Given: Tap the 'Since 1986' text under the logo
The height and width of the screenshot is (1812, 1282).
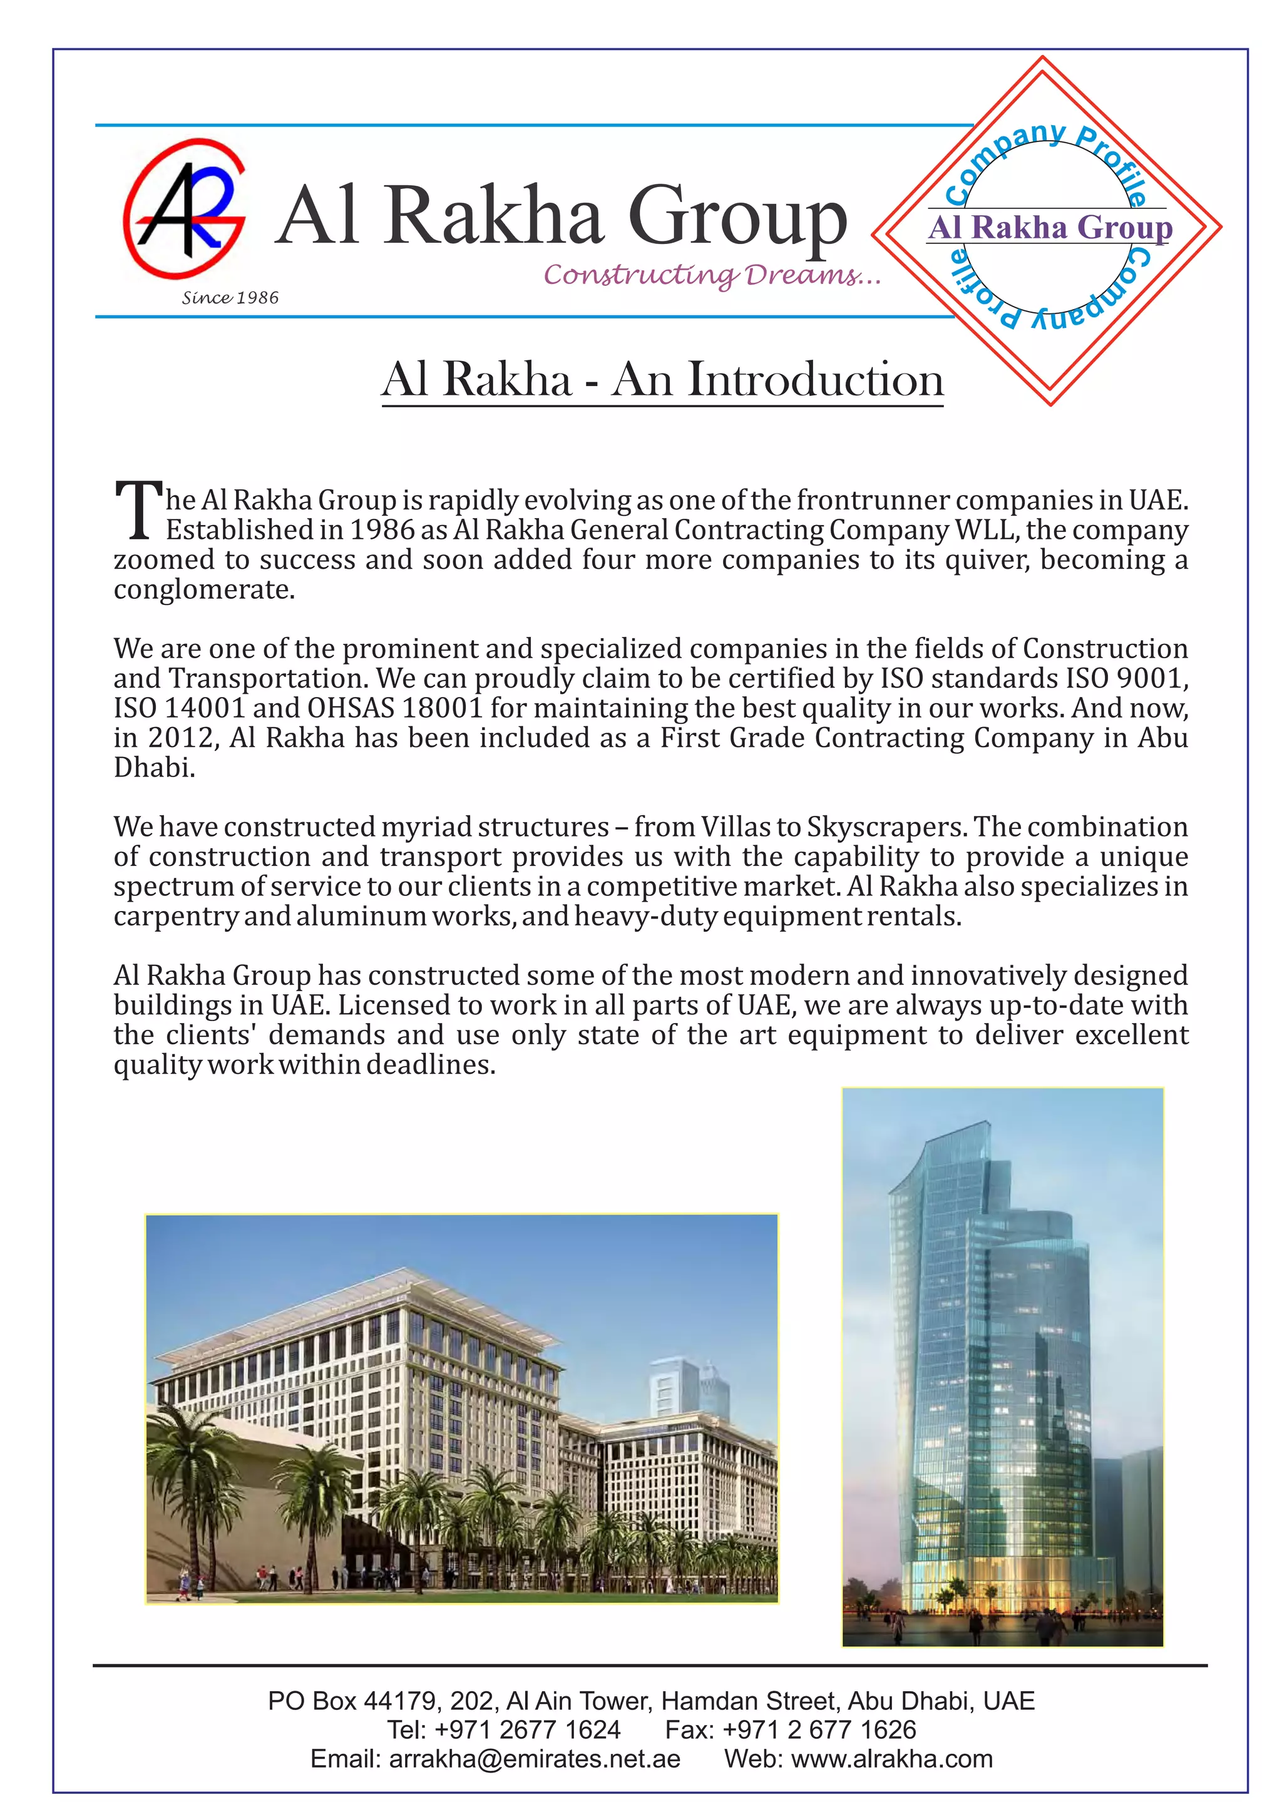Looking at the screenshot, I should coord(230,298).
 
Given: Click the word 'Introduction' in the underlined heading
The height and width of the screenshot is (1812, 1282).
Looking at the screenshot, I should coord(816,380).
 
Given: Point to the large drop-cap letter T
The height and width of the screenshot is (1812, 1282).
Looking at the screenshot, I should coord(139,511).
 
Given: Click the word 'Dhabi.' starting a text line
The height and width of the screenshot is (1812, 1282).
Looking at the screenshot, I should coord(154,767).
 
